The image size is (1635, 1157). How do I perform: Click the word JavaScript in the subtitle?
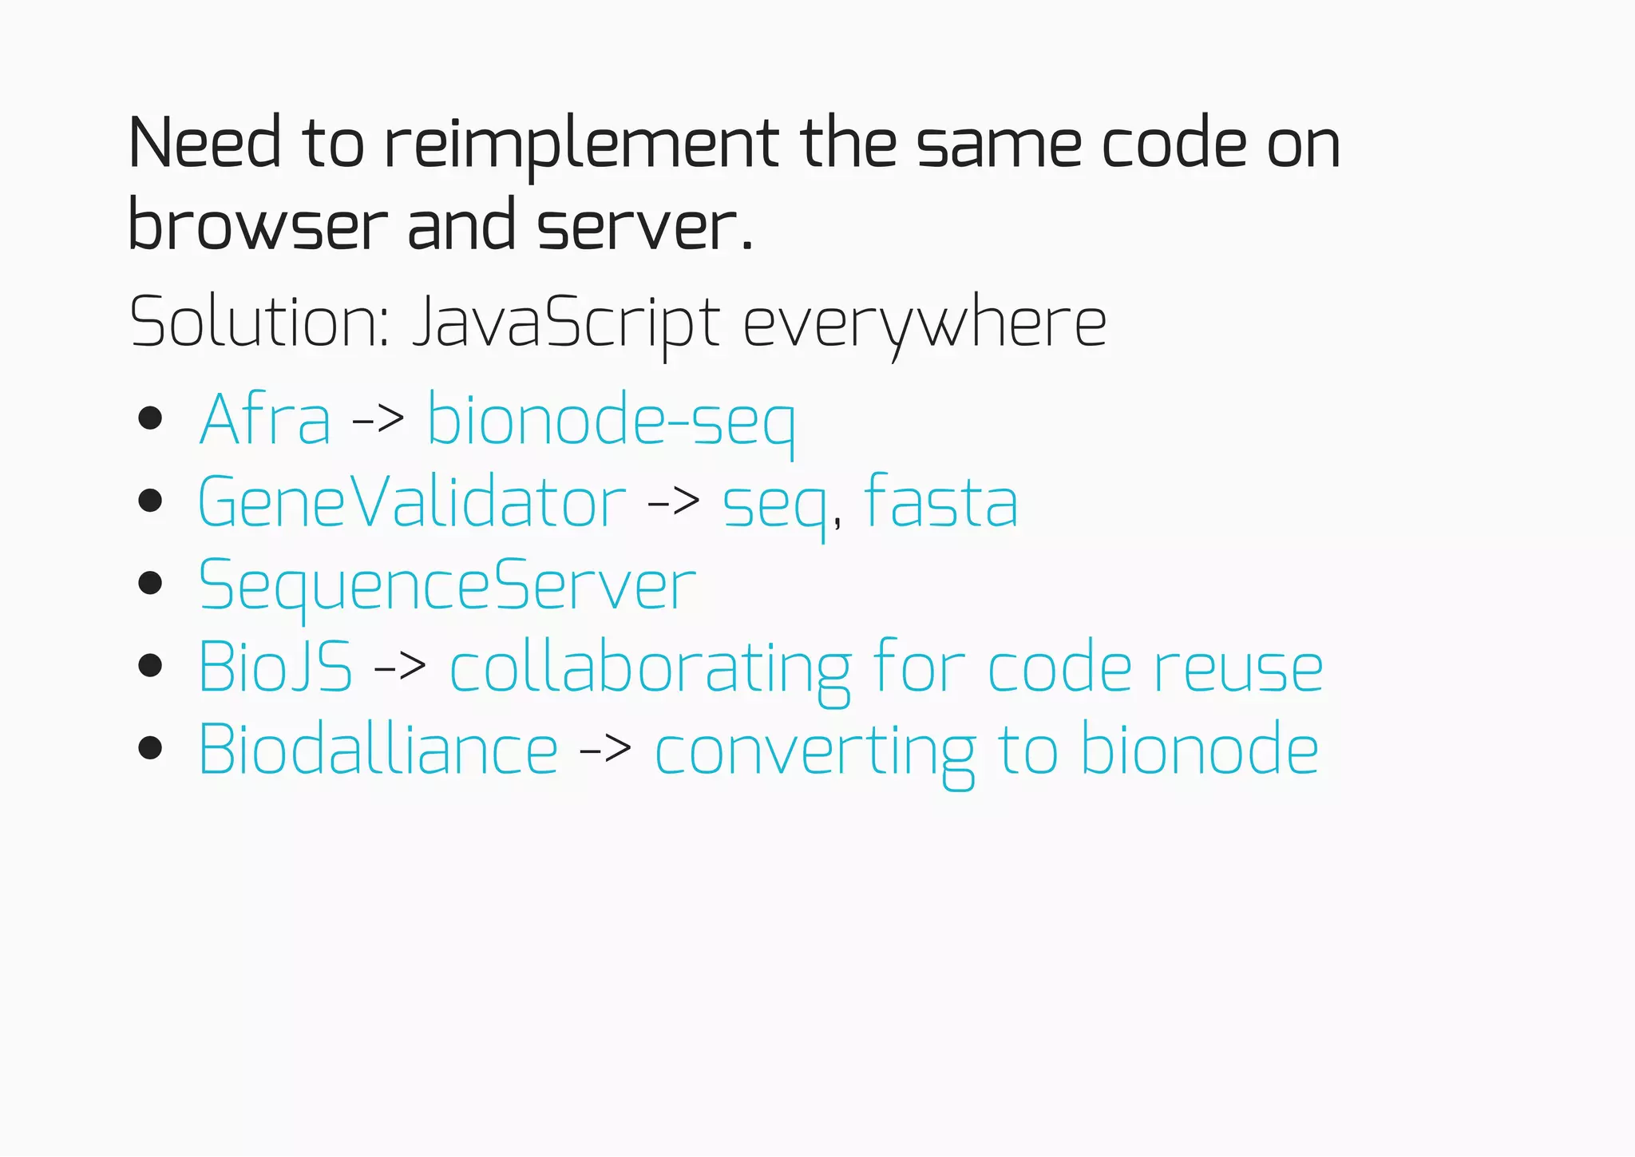click(566, 323)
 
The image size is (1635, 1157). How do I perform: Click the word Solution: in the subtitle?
click(259, 323)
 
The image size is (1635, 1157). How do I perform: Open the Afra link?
click(264, 420)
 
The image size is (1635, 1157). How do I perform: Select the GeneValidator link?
click(411, 503)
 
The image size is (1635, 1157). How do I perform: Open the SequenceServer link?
click(447, 587)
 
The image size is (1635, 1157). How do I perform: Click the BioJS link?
click(275, 667)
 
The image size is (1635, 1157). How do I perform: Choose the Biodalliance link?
click(378, 750)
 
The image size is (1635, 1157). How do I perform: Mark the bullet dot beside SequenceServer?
click(150, 583)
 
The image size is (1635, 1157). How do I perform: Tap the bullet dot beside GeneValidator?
click(150, 501)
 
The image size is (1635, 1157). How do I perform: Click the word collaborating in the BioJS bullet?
click(651, 669)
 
